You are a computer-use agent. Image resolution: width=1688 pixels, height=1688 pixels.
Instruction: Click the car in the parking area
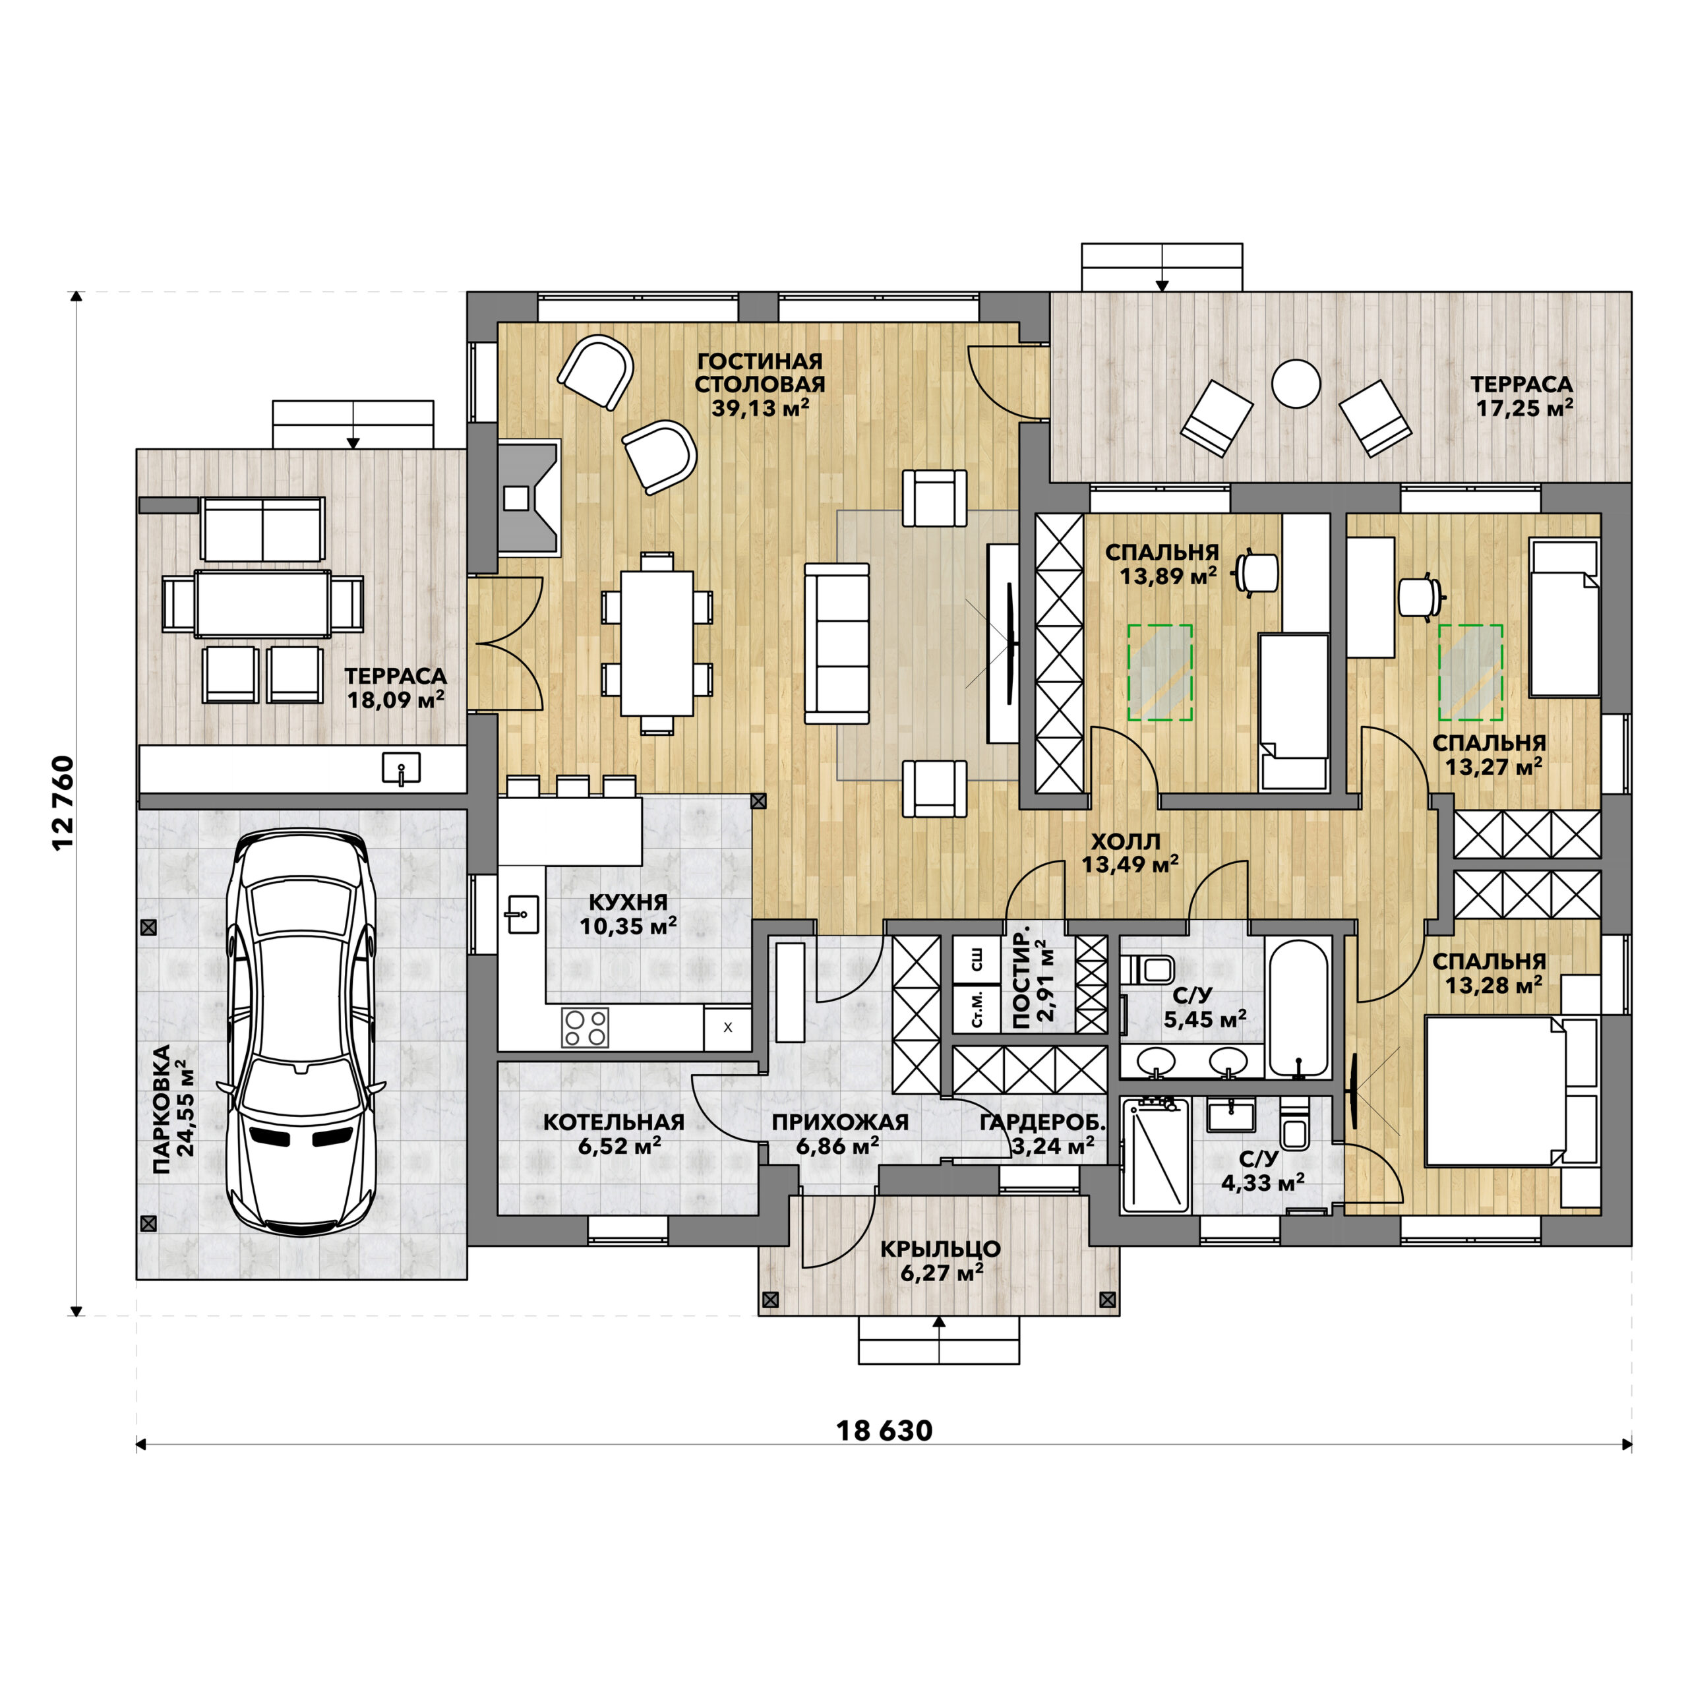(x=301, y=1031)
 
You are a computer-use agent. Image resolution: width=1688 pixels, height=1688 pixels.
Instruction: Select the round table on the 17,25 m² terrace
(x=1295, y=384)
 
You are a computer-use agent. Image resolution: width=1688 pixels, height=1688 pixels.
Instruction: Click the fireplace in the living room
(x=527, y=497)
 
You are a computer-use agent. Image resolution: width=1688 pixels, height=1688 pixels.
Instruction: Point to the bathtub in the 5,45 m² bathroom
(x=1299, y=1008)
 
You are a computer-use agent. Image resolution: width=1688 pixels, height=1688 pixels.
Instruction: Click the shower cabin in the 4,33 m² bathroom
(x=1156, y=1156)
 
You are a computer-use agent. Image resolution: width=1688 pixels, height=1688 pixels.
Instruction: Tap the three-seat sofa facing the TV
(x=837, y=644)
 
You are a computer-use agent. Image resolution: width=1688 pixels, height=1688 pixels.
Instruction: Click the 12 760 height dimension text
(x=65, y=803)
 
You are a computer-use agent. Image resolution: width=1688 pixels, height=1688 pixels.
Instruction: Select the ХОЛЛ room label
(x=1126, y=841)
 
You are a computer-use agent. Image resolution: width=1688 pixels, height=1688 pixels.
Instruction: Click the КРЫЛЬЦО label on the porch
(x=940, y=1250)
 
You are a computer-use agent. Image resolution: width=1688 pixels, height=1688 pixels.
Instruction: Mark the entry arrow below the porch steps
(x=939, y=1339)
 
